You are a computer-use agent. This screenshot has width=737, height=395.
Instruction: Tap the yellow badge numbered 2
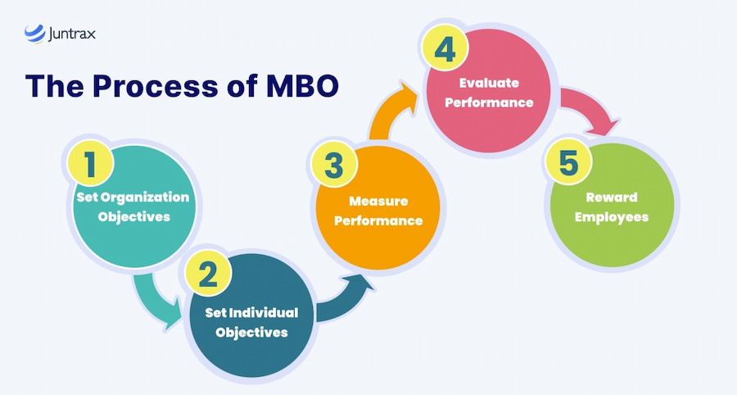pos(209,275)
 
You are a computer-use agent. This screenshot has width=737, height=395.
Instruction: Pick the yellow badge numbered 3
pos(332,166)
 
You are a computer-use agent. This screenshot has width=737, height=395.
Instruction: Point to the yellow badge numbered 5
pos(567,163)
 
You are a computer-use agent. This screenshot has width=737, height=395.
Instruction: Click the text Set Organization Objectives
pos(133,207)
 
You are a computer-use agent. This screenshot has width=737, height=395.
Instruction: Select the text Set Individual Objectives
pos(250,323)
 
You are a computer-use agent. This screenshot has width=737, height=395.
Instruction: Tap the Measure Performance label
pos(378,211)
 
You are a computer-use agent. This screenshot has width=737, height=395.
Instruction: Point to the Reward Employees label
pos(611,207)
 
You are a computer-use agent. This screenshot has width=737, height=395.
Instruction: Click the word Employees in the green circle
pos(611,217)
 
